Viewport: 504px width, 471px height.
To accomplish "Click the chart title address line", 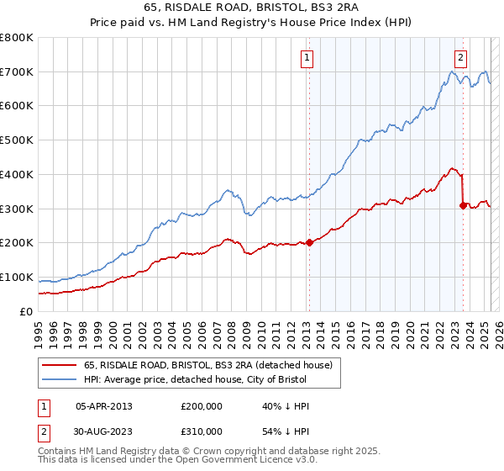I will click(x=251, y=8).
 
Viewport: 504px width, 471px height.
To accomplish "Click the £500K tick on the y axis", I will click(x=18, y=140).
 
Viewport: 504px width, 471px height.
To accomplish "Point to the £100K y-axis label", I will click(x=18, y=277).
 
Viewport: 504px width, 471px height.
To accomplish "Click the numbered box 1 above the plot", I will click(x=307, y=58).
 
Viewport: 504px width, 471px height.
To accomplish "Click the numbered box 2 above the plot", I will click(x=461, y=58).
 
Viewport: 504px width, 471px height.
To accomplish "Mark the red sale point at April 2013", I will click(x=308, y=242).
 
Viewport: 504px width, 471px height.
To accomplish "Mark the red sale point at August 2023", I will click(x=463, y=204).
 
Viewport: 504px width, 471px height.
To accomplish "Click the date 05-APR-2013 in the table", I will click(x=104, y=406).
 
